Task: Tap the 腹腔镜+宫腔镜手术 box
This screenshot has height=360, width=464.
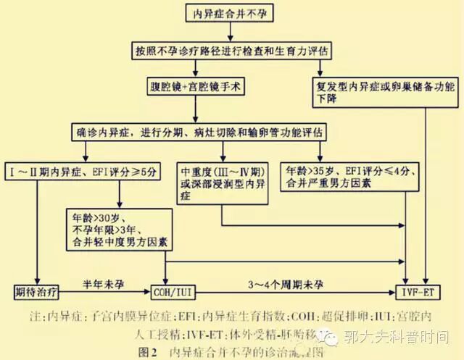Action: pyautogui.click(x=195, y=85)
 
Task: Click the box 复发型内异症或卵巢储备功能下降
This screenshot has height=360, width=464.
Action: pyautogui.click(x=384, y=91)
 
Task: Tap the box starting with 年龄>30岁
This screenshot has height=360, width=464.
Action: pyautogui.click(x=117, y=227)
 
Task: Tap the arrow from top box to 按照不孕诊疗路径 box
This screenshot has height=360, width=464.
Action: pyautogui.click(x=230, y=33)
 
